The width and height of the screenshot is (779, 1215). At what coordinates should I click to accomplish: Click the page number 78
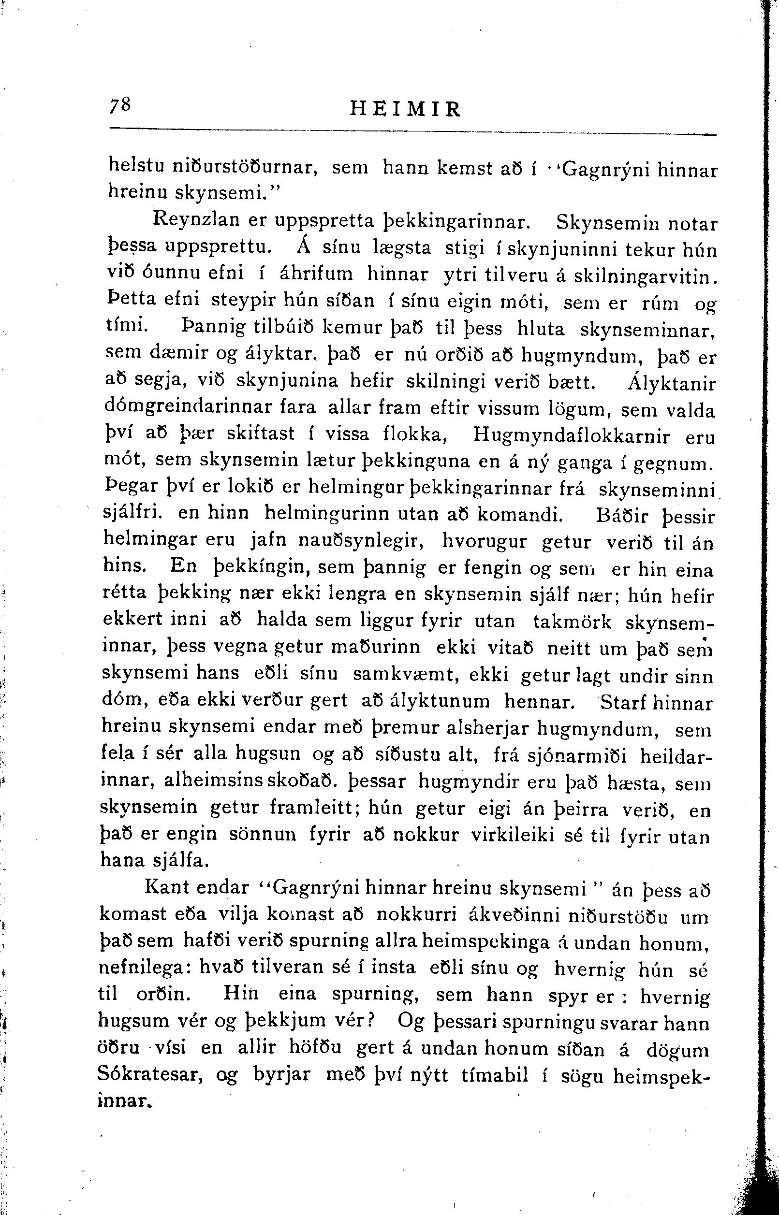(x=121, y=106)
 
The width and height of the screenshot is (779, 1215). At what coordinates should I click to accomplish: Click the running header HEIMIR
(x=406, y=109)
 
